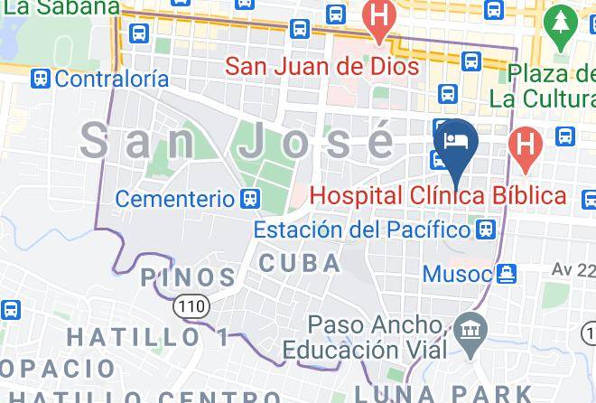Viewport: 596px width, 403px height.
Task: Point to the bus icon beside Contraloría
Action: (x=40, y=79)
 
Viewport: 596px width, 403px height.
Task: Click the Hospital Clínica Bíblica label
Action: (x=438, y=195)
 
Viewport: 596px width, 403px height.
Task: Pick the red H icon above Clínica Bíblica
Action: (x=523, y=142)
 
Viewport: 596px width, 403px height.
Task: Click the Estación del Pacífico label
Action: (x=362, y=230)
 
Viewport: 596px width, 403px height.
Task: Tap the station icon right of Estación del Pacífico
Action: (x=487, y=230)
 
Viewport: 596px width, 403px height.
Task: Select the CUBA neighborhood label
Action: (x=300, y=264)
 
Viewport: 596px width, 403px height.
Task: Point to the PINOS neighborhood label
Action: (x=188, y=276)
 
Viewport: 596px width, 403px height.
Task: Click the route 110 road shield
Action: (x=191, y=308)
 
